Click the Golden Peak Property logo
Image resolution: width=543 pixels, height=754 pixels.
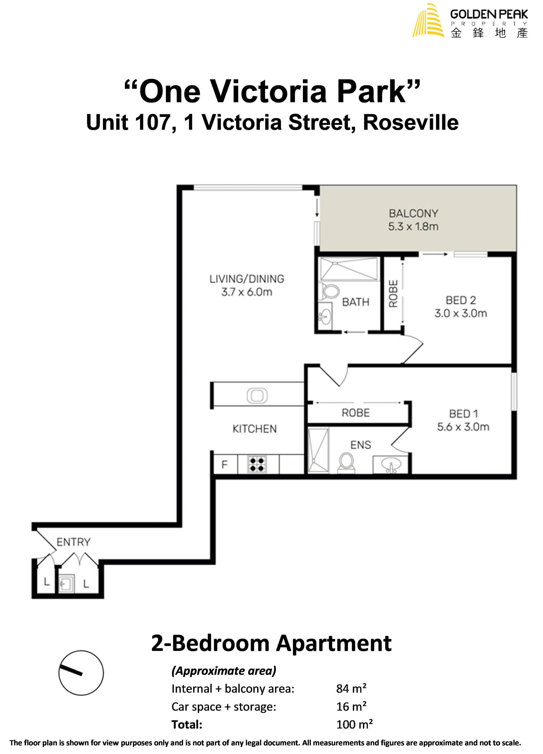pyautogui.click(x=470, y=21)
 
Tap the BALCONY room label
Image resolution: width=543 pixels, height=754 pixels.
pyautogui.click(x=413, y=214)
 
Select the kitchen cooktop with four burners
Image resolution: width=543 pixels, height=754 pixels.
pyautogui.click(x=257, y=464)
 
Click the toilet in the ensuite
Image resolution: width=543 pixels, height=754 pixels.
pyautogui.click(x=346, y=462)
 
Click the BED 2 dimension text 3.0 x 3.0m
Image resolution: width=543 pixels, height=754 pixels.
pyautogui.click(x=461, y=313)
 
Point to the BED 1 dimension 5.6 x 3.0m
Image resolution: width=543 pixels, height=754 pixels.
pyautogui.click(x=463, y=427)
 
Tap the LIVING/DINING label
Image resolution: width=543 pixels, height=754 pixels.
pyautogui.click(x=247, y=279)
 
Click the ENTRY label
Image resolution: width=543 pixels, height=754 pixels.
pyautogui.click(x=74, y=542)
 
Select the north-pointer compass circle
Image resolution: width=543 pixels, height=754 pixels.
pyautogui.click(x=81, y=673)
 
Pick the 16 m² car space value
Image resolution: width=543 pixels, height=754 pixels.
pyautogui.click(x=351, y=707)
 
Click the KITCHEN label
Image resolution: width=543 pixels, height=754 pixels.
pyautogui.click(x=255, y=429)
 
